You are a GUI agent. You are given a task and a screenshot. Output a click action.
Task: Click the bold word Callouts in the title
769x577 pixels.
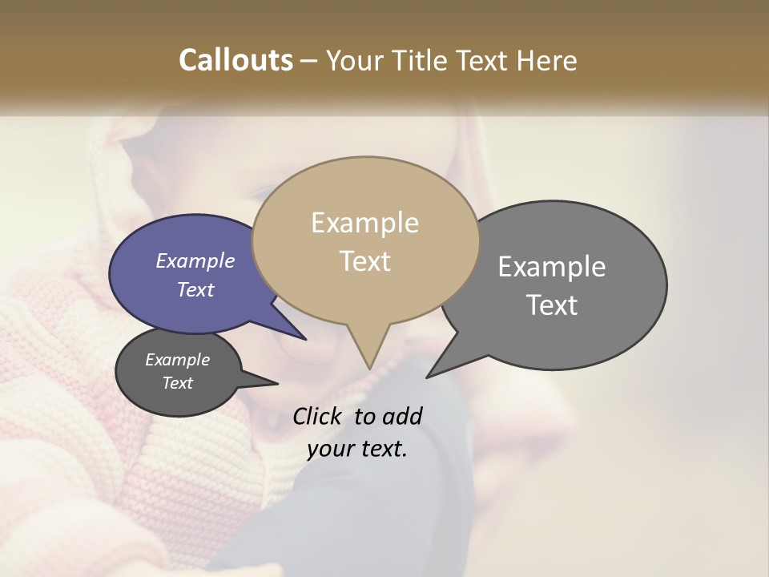(236, 60)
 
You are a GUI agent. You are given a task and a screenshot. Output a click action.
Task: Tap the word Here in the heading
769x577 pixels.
(549, 60)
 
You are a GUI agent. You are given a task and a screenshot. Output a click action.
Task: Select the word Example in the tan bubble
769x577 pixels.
(364, 223)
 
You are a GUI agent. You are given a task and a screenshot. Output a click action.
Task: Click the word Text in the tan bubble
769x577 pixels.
(364, 261)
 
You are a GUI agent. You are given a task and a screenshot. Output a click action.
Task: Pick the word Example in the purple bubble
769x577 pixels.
(195, 260)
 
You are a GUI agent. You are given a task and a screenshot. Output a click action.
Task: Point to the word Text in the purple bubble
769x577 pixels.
(195, 289)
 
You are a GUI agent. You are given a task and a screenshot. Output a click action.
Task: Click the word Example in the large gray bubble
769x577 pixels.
(552, 267)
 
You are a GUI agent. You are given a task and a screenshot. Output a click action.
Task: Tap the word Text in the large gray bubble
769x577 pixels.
(552, 305)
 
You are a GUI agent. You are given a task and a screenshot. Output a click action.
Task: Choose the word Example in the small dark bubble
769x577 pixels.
(177, 360)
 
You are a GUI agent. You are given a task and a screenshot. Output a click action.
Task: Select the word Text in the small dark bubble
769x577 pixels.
(177, 383)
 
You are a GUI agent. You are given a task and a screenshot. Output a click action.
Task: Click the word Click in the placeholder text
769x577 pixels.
(319, 416)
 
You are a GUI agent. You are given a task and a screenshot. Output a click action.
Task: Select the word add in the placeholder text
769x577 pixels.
(402, 416)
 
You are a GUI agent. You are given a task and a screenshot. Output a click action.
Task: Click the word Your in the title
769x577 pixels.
(353, 60)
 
